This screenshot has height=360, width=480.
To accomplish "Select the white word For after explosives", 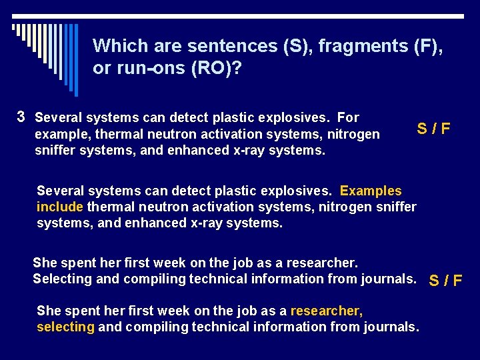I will pos(349,118).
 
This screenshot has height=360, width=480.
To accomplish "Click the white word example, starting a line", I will pos(61,135).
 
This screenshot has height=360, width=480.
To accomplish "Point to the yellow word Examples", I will pos(371,191).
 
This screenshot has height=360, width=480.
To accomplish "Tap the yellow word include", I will pos(60,207).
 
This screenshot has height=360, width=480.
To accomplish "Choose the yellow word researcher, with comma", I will pos(327,311).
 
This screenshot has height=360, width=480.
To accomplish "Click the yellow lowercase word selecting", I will pos(65,327).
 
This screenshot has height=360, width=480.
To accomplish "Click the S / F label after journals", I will pos(445,280).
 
